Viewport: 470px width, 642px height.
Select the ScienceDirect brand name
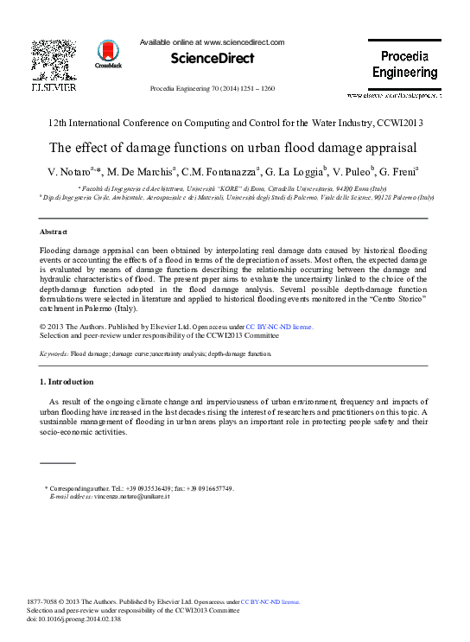click(213, 58)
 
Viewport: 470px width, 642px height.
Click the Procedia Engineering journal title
click(404, 64)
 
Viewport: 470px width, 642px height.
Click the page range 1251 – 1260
click(256, 89)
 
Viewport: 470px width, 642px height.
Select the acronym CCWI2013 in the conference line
click(398, 123)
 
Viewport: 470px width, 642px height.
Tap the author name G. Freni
click(398, 171)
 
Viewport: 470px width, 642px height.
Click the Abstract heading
click(54, 232)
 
